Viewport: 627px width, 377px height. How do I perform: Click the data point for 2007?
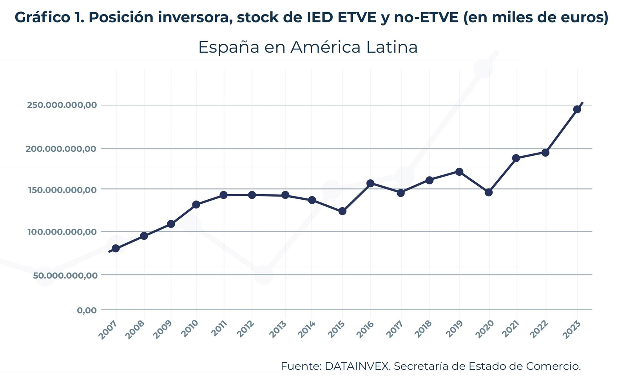coord(116,248)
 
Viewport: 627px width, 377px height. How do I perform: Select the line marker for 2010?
coord(196,204)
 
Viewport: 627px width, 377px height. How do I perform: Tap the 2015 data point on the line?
coord(342,211)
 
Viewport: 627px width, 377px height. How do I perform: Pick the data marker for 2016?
coord(370,183)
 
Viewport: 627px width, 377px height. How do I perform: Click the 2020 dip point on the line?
coord(489,192)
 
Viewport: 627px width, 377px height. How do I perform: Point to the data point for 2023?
coord(577,109)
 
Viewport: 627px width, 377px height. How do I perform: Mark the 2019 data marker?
coord(459,172)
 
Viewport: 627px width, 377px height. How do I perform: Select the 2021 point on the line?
coord(516,158)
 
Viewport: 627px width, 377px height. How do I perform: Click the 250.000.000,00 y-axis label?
coord(62,106)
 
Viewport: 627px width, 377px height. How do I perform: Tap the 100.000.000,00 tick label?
coord(62,232)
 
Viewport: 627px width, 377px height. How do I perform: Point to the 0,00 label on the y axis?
coord(87,310)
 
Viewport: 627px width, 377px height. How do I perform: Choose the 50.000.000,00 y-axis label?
coord(65,275)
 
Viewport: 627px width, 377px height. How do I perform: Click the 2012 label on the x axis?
coord(246,329)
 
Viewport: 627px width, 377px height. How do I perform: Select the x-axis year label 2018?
coord(423,329)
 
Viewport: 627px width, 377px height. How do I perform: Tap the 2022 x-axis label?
coord(539,329)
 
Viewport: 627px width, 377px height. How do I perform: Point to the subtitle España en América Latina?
coord(308,47)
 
